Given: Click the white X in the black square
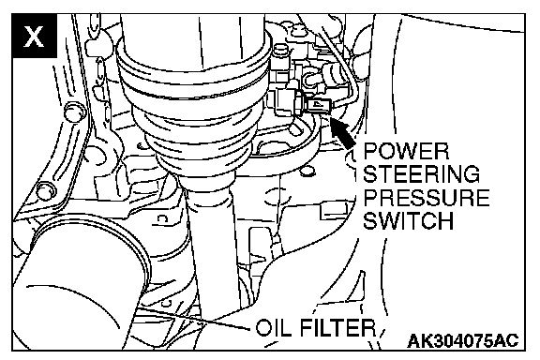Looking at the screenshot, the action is point(34,36).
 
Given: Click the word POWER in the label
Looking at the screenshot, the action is point(406,151).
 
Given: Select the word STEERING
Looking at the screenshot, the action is point(422,174).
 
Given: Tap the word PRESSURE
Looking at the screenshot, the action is point(427,198).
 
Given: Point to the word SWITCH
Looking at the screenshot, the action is point(409,220).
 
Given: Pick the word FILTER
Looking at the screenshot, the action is point(337,327).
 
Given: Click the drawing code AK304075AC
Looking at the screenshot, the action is point(463,340).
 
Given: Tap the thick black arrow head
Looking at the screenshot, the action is point(338,127).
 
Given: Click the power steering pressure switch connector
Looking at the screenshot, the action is point(319,106).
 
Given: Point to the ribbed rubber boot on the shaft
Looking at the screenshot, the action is point(195,113).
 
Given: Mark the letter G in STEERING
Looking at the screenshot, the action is point(472,174).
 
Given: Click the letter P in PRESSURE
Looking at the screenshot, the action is point(370,198).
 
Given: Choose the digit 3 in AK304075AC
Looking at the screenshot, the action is point(435,340).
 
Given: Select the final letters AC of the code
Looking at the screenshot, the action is point(507,340).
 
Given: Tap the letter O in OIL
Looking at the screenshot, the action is point(264,327).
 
